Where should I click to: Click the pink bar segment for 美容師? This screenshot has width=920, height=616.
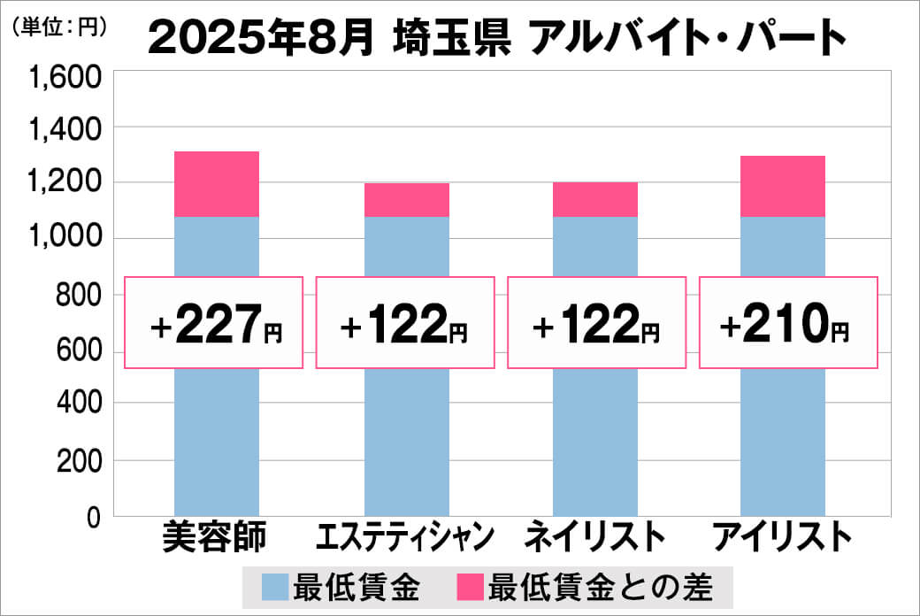[217, 184]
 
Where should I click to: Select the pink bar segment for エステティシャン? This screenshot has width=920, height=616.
[407, 200]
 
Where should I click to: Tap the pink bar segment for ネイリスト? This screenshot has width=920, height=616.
[595, 199]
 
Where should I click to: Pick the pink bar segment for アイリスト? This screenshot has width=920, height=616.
[783, 186]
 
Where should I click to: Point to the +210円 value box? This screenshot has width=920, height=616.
[788, 323]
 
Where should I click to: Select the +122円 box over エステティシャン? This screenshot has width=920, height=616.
[405, 323]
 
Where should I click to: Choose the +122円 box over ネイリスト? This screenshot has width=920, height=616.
[596, 323]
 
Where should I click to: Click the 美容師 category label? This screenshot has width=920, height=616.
[215, 538]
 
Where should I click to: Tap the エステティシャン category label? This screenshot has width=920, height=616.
[406, 538]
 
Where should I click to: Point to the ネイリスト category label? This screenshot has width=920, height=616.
[594, 538]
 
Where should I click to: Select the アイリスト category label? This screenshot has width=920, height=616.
[783, 538]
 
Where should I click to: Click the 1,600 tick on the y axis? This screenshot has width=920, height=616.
[67, 81]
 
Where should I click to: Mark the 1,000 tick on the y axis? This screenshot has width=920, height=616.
[67, 239]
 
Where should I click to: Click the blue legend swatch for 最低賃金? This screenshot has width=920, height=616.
[275, 586]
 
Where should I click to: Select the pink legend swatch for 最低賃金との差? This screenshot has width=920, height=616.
[471, 586]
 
